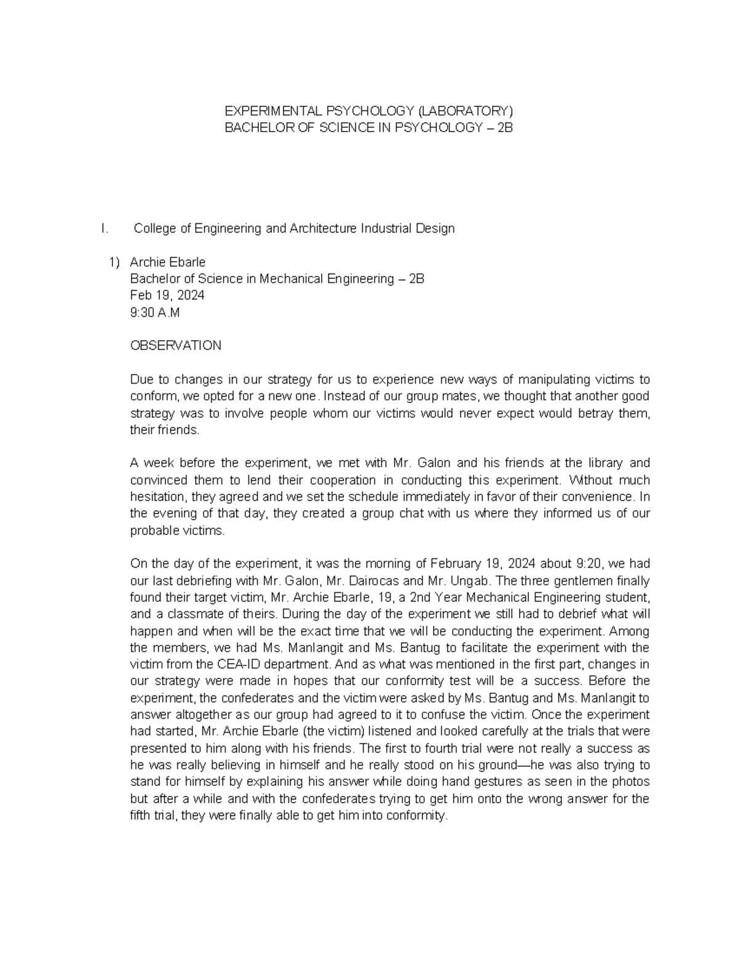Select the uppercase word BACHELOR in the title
pyautogui.click(x=254, y=128)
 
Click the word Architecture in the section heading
pyautogui.click(x=319, y=229)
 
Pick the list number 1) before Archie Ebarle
pyautogui.click(x=114, y=263)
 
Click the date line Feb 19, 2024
pyautogui.click(x=167, y=296)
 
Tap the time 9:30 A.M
pyautogui.click(x=155, y=312)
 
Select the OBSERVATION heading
pyautogui.click(x=175, y=346)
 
